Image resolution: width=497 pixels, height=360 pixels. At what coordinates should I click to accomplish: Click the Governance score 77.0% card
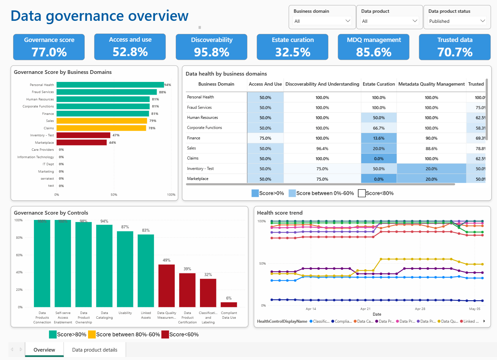[x=49, y=47]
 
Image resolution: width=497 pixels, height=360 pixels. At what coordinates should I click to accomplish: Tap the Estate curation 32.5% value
[x=293, y=52]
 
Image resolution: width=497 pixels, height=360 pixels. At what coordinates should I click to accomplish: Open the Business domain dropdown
[x=322, y=21]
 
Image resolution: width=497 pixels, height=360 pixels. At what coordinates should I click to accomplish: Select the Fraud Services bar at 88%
[x=107, y=92]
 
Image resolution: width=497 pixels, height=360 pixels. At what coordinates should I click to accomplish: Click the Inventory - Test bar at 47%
[x=83, y=135]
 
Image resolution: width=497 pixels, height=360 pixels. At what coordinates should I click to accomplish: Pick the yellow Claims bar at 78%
[x=101, y=128]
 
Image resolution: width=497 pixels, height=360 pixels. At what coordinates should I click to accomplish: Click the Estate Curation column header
[x=379, y=84]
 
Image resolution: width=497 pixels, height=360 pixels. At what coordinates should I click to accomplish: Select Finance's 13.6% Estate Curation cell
[x=379, y=138]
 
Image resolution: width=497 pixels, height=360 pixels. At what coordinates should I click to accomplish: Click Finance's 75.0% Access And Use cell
[x=265, y=138]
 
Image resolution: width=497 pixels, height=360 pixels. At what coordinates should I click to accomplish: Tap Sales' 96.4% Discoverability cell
[x=322, y=148]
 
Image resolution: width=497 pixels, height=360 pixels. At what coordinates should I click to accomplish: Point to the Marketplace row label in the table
[x=198, y=179]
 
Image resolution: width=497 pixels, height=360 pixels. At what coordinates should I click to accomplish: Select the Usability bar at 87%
[x=125, y=269]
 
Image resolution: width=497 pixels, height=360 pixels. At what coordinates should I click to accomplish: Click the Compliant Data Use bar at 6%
[x=229, y=305]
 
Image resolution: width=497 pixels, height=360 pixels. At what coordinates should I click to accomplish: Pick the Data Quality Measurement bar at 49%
[x=167, y=285]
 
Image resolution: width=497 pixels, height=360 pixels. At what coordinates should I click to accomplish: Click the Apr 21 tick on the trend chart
[x=365, y=309]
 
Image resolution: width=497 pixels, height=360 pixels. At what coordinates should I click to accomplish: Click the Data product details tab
[x=95, y=350]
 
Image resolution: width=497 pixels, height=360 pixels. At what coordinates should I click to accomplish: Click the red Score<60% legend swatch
[x=165, y=334]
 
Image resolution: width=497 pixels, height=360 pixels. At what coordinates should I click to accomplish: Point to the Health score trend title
[x=280, y=213]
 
